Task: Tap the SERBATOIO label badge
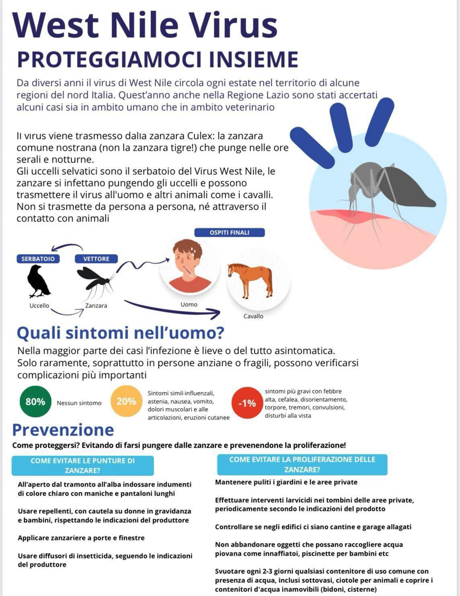tap(38, 259)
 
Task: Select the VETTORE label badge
tap(96, 259)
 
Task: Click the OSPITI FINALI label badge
tap(229, 233)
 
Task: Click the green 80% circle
tap(35, 402)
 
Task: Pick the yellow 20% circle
tap(126, 401)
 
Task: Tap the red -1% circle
tap(247, 403)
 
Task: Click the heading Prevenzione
tap(63, 430)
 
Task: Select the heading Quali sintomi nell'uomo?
tap(120, 333)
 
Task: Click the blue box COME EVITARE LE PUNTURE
tap(83, 465)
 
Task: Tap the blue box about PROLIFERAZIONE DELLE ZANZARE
tap(302, 465)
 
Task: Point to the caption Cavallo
tap(253, 316)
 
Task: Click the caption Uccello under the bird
tap(39, 306)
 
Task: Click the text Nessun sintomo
tap(79, 403)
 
